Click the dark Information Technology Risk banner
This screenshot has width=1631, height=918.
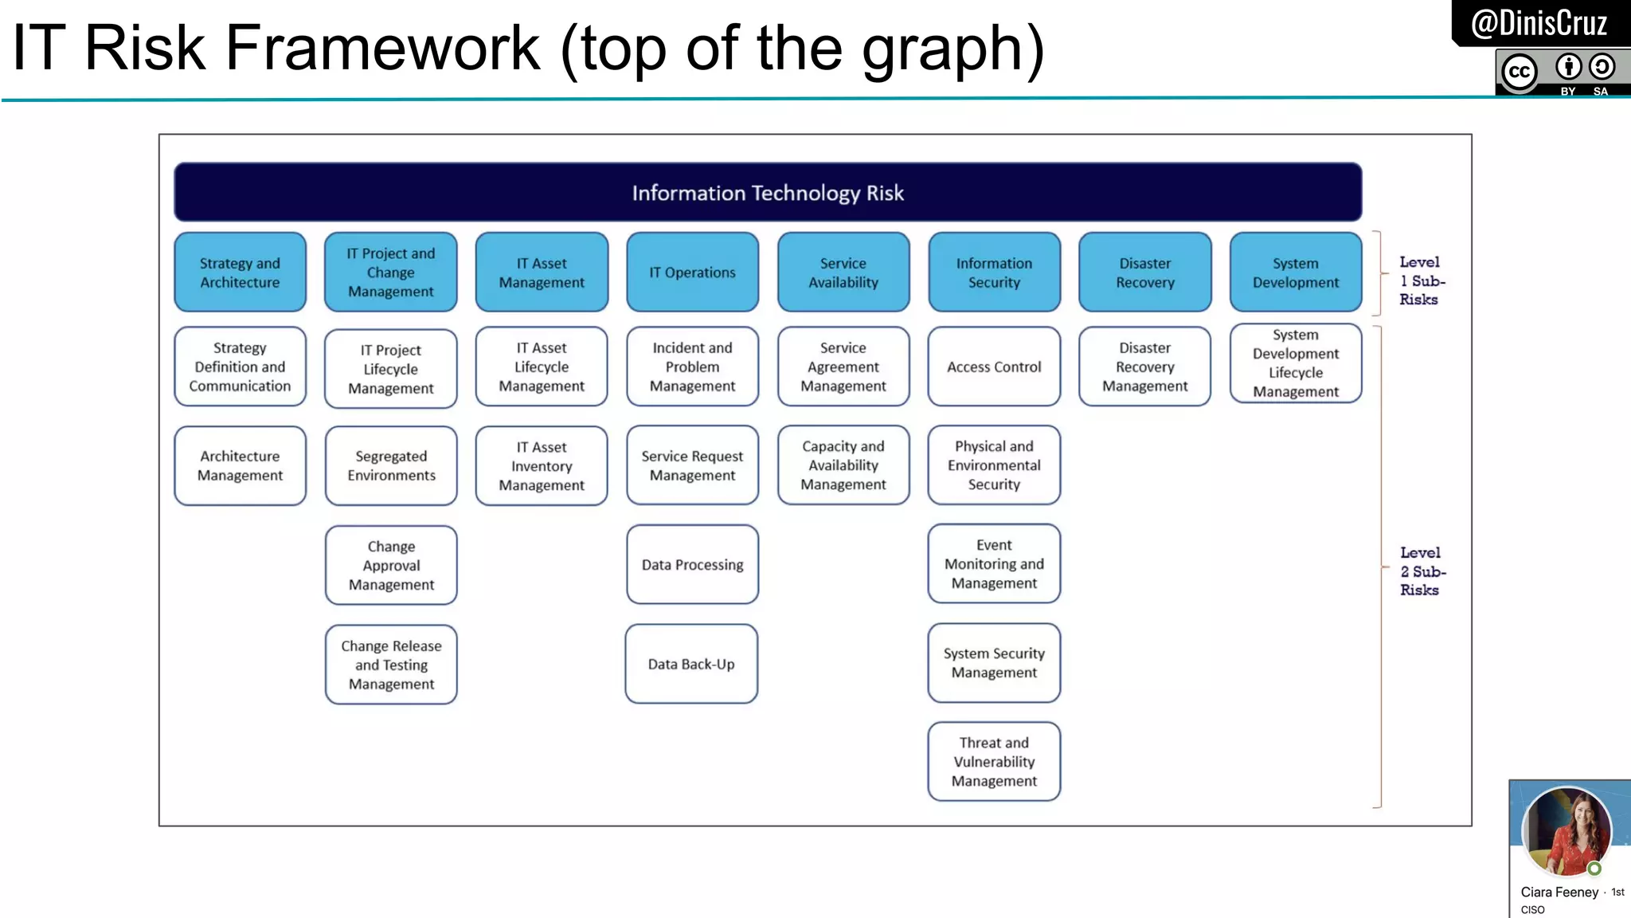768,193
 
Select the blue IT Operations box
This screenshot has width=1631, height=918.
692,273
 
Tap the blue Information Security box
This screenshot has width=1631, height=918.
994,273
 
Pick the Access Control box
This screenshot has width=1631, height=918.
994,367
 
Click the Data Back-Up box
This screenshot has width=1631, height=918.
691,664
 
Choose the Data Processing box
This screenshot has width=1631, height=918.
692,564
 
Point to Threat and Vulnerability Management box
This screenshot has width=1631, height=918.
994,762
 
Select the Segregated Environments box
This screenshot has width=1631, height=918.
391,465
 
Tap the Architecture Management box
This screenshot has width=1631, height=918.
240,465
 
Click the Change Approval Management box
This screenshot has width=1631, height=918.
391,565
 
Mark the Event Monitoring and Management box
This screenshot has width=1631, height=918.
994,563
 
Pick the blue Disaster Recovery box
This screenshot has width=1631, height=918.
1144,273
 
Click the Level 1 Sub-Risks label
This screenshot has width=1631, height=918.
1421,280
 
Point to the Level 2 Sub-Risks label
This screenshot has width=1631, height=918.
1422,571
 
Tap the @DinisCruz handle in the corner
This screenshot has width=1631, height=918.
1539,23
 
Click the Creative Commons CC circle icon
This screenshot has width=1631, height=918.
1520,72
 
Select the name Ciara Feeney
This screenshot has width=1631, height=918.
1559,892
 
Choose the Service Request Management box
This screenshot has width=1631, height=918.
692,465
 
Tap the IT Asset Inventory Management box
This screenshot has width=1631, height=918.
542,465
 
